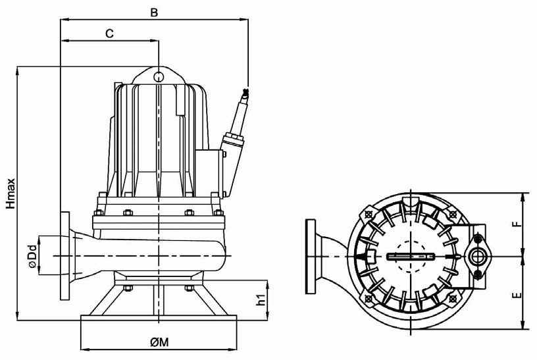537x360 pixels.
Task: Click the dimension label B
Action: coord(154,13)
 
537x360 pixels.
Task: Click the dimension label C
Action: coord(109,34)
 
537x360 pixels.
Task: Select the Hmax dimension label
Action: coord(11,193)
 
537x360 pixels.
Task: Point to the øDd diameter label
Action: coord(32,256)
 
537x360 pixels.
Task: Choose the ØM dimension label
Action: coord(159,342)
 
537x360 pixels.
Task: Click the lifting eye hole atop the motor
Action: coord(158,77)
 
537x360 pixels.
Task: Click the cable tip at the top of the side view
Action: coord(245,91)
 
